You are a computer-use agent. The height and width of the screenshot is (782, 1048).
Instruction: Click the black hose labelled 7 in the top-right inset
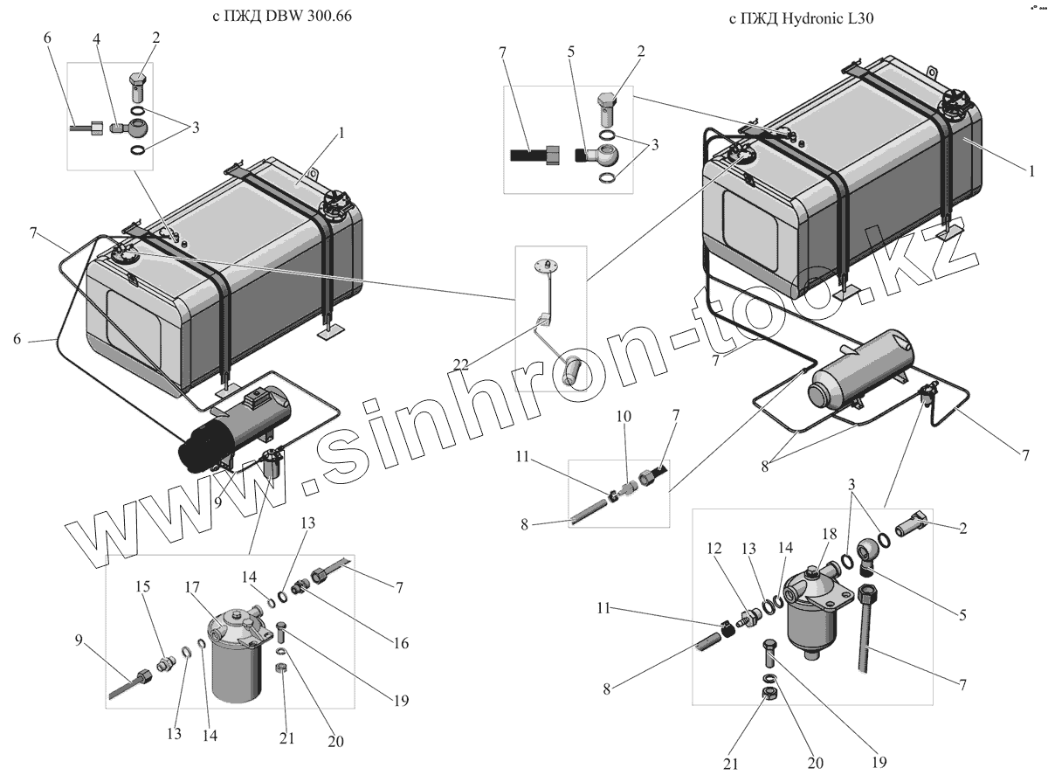(x=528, y=155)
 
